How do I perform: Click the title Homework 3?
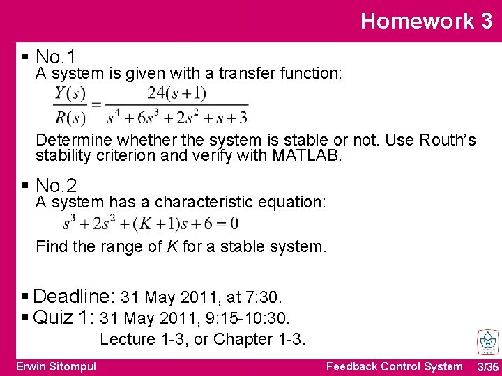point(426,21)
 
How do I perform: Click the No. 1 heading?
point(56,56)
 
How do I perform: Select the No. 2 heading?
point(56,186)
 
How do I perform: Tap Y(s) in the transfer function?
point(70,93)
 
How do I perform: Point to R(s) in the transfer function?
point(70,117)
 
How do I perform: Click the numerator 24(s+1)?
point(176,93)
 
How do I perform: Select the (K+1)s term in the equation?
point(153,224)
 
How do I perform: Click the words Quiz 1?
point(63,318)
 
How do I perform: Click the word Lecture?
point(128,339)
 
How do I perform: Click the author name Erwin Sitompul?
point(56,366)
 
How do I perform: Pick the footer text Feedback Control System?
point(394,366)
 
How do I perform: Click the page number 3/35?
point(487,367)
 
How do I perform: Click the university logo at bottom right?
point(487,342)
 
